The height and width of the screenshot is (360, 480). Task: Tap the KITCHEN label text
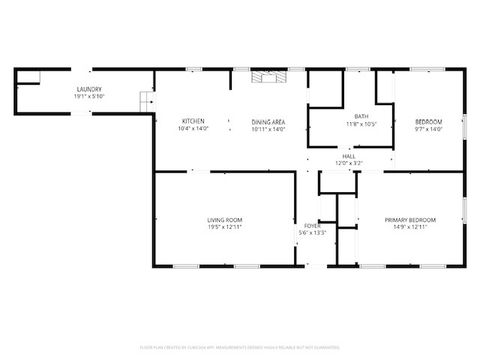pyautogui.click(x=194, y=122)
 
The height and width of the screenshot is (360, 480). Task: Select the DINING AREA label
pyautogui.click(x=268, y=122)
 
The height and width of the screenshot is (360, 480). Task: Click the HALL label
pyautogui.click(x=348, y=156)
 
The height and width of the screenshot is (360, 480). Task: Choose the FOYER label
pyautogui.click(x=313, y=226)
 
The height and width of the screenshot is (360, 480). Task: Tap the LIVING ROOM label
pyautogui.click(x=224, y=219)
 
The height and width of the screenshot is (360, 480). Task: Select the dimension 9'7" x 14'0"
pyautogui.click(x=428, y=128)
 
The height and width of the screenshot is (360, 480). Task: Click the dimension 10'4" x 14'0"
pyautogui.click(x=194, y=128)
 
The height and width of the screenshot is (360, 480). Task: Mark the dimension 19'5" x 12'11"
pyautogui.click(x=224, y=226)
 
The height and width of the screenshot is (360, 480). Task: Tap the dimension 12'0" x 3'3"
pyautogui.click(x=348, y=162)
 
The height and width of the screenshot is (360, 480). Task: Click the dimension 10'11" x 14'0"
pyautogui.click(x=268, y=128)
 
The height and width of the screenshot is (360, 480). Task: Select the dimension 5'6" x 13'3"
pyautogui.click(x=313, y=233)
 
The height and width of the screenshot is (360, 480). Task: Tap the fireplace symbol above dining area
pyautogui.click(x=268, y=76)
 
